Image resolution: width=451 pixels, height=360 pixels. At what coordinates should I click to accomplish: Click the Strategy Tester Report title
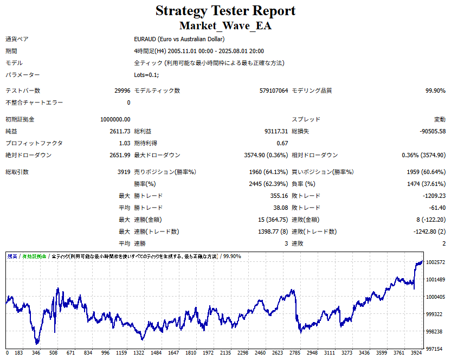[225, 11]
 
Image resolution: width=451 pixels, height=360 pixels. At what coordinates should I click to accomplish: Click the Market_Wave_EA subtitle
[225, 25]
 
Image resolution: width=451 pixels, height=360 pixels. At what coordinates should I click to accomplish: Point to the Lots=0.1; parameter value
[146, 75]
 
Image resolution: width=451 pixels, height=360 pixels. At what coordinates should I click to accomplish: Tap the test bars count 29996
[120, 91]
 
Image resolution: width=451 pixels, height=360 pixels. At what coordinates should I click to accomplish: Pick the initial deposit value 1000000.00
[115, 119]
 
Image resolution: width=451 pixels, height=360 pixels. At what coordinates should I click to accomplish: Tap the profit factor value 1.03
[124, 143]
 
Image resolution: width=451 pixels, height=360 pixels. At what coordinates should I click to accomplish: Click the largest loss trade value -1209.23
[434, 196]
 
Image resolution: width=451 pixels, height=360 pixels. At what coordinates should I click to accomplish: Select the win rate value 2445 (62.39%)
[265, 184]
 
